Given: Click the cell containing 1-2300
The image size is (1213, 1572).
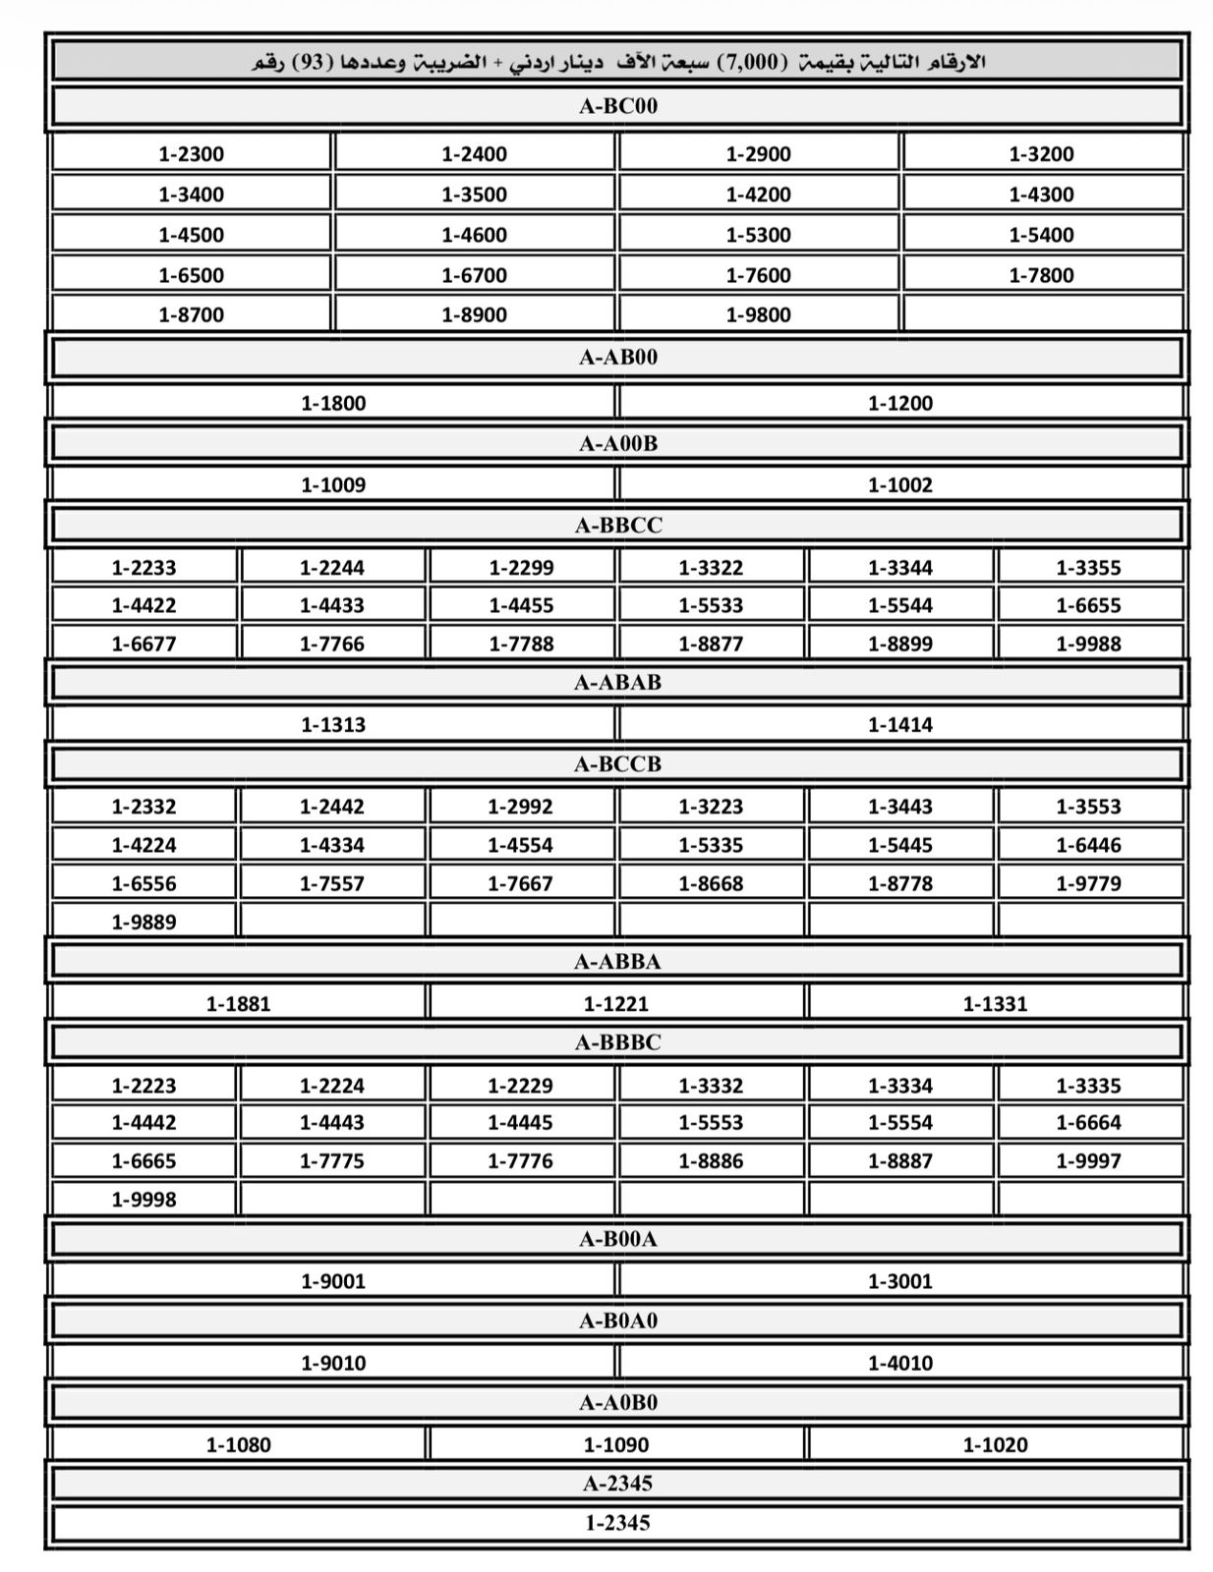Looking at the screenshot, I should tap(192, 153).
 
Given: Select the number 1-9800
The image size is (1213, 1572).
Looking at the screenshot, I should tap(758, 314).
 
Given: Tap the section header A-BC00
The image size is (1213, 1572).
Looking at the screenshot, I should tap(617, 106).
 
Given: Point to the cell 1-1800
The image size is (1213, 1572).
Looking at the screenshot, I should tap(333, 403).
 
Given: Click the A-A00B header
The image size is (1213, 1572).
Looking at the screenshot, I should tap(617, 443).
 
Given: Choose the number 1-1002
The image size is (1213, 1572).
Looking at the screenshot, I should tap(900, 484).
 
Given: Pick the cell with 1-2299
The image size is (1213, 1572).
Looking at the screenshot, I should tap(522, 567).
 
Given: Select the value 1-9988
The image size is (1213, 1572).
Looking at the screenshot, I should tap(1088, 644).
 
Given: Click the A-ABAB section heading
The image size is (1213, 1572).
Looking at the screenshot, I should tap(617, 682).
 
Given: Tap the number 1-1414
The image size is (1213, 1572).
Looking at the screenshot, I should tap(900, 724).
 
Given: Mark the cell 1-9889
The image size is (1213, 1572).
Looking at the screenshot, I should tap(144, 922).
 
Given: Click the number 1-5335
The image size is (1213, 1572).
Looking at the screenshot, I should tap(711, 845).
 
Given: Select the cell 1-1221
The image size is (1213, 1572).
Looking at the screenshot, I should tap(616, 1003).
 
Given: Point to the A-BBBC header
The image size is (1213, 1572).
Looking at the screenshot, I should tap(617, 1041).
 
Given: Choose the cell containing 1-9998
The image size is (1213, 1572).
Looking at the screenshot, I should tap(144, 1199).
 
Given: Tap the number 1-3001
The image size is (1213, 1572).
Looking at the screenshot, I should tap(900, 1280).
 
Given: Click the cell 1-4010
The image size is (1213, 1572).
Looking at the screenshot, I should tap(900, 1363).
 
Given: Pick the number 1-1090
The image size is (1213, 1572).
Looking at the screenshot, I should tap(616, 1444).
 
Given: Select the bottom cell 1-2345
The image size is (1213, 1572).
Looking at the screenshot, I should tap(617, 1523).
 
